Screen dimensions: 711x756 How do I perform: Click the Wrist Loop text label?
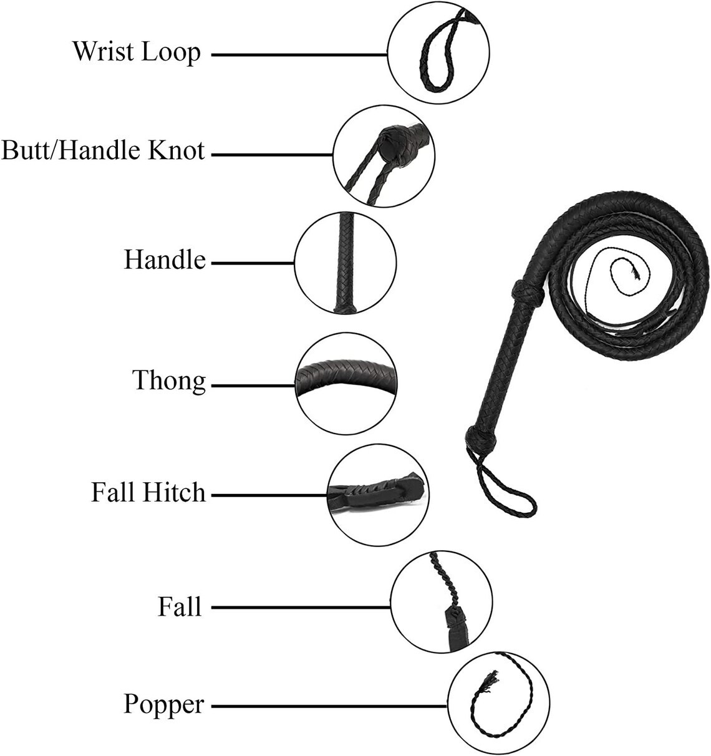(x=137, y=52)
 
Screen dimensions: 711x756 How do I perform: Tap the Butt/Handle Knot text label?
(x=103, y=150)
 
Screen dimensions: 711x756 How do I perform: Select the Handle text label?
(x=165, y=260)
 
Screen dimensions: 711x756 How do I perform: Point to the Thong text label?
(x=169, y=381)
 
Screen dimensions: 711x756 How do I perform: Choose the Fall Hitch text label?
(x=148, y=492)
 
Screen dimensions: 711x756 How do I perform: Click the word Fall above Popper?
(x=179, y=607)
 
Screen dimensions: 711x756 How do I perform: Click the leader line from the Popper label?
(x=329, y=707)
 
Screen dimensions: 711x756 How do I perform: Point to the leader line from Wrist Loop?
(x=299, y=55)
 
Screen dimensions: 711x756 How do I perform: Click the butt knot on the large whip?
(x=481, y=441)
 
